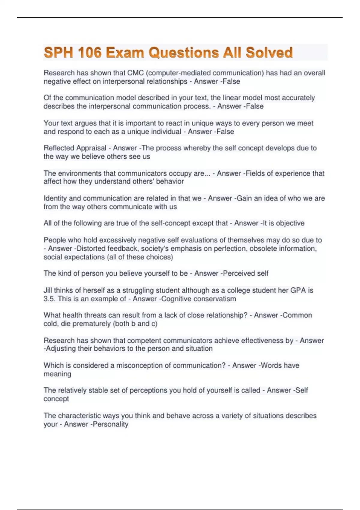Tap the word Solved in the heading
(269, 53)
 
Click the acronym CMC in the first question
(136, 73)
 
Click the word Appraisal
(91, 148)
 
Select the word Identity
(55, 198)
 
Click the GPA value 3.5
(49, 299)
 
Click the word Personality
(110, 424)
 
